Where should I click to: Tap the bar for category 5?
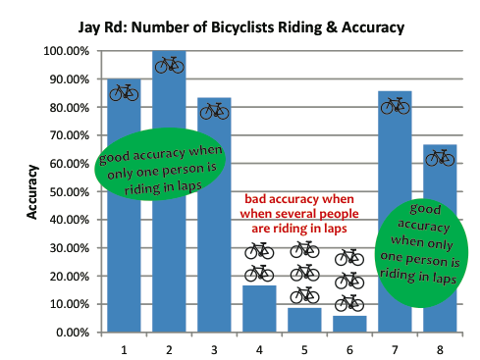click(x=305, y=320)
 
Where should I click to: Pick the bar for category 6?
click(x=349, y=324)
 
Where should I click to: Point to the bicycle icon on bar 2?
click(x=170, y=65)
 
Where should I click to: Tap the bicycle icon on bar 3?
click(x=215, y=111)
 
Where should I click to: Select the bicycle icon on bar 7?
click(x=395, y=106)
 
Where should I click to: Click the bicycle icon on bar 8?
click(x=440, y=157)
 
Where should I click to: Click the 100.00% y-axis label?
click(x=68, y=51)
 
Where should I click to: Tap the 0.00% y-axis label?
click(x=74, y=333)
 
